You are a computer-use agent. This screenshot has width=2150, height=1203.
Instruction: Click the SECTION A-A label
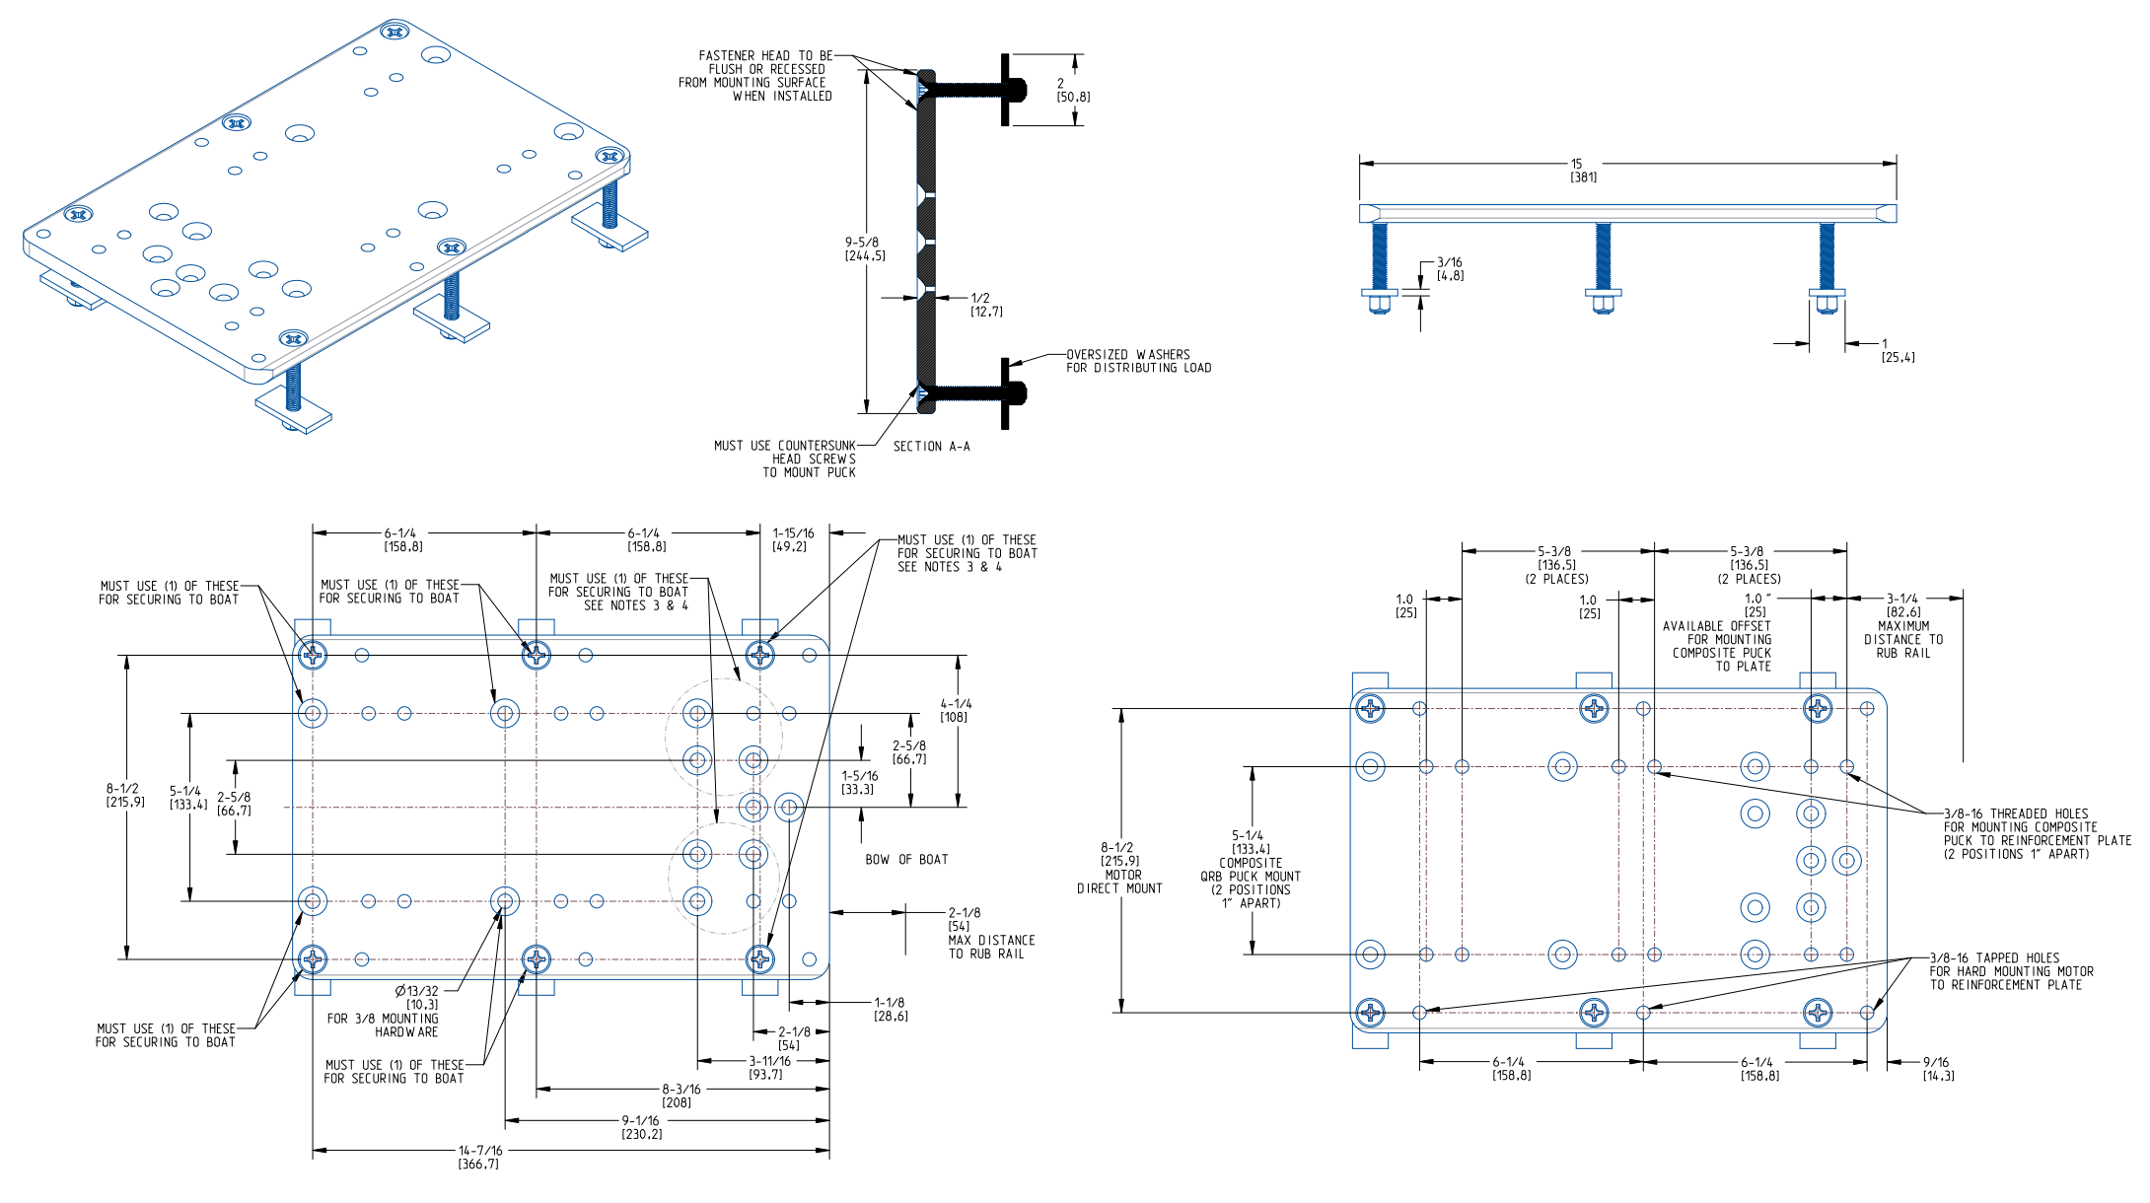(x=931, y=447)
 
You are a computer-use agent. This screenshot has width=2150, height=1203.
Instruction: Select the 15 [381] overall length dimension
(x=1582, y=171)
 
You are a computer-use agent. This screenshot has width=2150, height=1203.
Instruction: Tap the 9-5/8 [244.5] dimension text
(x=864, y=248)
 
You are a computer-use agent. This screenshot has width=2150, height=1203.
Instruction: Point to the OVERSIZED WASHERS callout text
(x=1137, y=361)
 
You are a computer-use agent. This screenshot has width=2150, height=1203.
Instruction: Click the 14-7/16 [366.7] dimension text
(x=479, y=1157)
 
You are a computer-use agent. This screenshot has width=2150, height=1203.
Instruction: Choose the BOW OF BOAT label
(x=906, y=860)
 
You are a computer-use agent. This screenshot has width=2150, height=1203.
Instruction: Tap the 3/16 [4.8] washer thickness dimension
(x=1449, y=268)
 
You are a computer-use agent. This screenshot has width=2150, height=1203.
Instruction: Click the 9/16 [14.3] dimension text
(x=1937, y=1069)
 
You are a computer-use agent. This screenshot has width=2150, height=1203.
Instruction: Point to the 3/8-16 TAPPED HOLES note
(x=2010, y=971)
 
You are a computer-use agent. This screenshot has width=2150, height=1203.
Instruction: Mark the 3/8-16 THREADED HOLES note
(x=2034, y=833)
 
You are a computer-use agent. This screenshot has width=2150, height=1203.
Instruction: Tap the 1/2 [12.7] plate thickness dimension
(x=985, y=305)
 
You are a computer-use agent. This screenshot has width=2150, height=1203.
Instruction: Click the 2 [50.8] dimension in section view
(x=1072, y=90)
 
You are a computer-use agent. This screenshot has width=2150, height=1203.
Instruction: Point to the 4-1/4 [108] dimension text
(x=955, y=710)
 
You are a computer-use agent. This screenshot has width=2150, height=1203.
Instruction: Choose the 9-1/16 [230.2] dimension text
(x=641, y=1127)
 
